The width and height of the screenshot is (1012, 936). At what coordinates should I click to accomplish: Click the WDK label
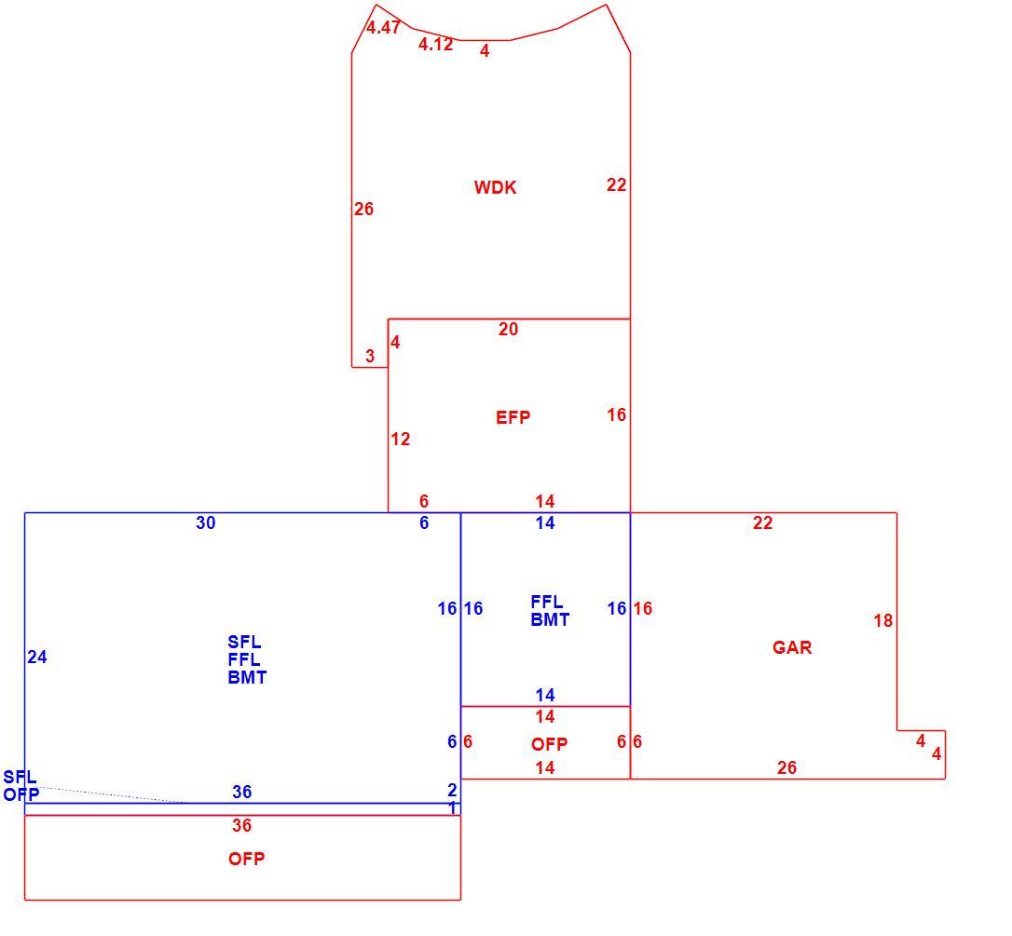(x=495, y=188)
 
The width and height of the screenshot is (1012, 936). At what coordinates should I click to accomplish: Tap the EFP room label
(x=513, y=417)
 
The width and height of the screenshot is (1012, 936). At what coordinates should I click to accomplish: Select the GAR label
(x=792, y=647)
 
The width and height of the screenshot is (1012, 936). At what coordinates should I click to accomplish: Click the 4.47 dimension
(x=383, y=27)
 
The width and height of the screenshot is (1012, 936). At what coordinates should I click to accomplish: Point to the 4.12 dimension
(x=436, y=44)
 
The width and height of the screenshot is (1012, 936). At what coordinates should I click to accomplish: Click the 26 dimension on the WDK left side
(x=363, y=209)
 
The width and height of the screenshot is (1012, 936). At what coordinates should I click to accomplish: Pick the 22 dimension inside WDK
(x=616, y=185)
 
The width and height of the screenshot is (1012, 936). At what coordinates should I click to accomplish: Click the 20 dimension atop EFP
(x=508, y=329)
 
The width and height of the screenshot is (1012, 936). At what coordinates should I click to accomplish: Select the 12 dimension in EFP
(x=400, y=440)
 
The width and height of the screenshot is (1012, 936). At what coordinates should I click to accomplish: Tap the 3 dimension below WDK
(x=370, y=356)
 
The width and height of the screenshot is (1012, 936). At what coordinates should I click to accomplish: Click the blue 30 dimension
(x=205, y=523)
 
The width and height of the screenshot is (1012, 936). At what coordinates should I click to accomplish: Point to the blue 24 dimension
(x=36, y=657)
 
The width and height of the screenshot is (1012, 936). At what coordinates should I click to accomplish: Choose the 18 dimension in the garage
(x=882, y=620)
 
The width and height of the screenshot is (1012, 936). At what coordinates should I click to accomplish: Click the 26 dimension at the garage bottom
(x=786, y=767)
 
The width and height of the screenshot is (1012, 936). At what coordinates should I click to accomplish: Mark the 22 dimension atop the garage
(x=762, y=523)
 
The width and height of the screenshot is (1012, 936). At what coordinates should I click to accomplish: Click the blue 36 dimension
(x=242, y=792)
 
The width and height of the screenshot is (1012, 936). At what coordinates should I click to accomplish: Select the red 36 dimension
(x=242, y=825)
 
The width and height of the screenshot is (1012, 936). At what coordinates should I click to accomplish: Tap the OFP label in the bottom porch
(x=247, y=859)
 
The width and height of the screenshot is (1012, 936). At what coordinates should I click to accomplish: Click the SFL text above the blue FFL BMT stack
(x=244, y=643)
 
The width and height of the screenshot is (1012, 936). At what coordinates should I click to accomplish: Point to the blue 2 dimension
(x=452, y=790)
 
